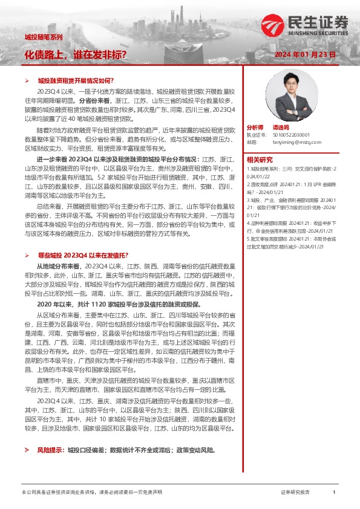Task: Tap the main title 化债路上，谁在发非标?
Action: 75,54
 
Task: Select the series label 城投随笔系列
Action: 44,37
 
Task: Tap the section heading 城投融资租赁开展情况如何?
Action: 76,80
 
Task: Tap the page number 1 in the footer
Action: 334,493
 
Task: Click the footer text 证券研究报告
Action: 296,493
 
